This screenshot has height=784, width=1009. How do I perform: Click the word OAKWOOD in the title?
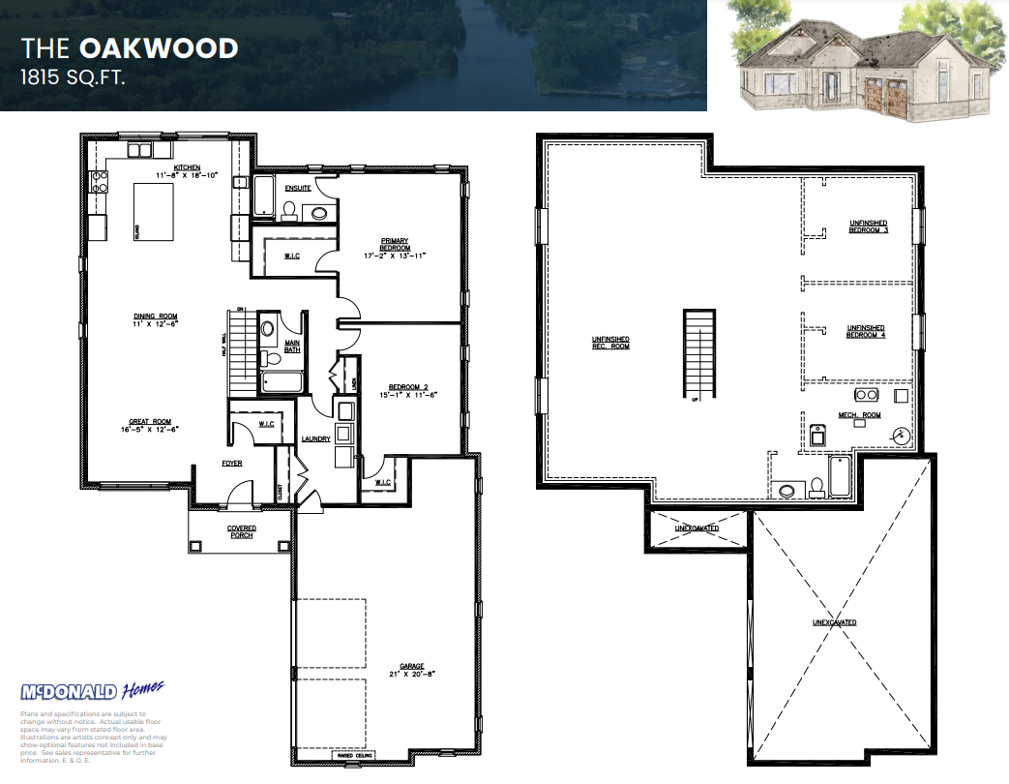[159, 47]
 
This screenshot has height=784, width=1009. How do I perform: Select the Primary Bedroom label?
[395, 245]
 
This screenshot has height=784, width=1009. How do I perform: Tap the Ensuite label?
[298, 188]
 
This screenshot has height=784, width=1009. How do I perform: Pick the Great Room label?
[150, 422]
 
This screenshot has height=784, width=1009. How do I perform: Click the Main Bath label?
[292, 346]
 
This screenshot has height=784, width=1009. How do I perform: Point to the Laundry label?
[315, 438]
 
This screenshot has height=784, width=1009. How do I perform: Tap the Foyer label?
[232, 464]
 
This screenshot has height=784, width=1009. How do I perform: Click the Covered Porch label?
[242, 531]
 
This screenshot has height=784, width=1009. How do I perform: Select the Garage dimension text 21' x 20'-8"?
[412, 673]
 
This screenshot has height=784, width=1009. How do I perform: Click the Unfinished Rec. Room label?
[610, 343]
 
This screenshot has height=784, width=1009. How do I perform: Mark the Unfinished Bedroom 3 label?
[868, 226]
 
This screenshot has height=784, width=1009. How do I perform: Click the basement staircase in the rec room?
[698, 354]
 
